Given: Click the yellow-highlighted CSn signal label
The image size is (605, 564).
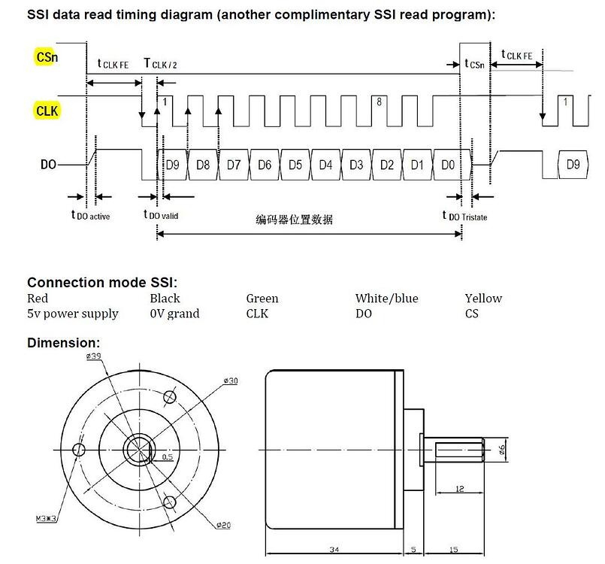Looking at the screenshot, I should click(45, 56).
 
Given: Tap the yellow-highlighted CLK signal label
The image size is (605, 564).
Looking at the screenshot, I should click(47, 111).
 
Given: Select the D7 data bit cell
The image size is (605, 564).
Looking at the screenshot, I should click(234, 164).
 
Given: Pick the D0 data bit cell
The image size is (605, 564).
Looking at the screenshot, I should click(448, 164).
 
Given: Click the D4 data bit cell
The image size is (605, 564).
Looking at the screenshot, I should click(325, 164).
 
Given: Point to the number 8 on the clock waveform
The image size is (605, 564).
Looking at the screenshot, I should click(380, 102).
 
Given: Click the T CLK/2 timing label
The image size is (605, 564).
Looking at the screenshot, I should click(160, 65).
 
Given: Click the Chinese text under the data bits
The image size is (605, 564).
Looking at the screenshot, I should click(294, 220).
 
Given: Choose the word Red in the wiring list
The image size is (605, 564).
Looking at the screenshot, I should click(38, 299).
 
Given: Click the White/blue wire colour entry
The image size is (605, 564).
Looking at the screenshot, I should click(386, 299).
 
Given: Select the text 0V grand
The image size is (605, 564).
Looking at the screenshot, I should click(174, 314).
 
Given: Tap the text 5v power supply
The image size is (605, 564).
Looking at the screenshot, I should click(73, 314).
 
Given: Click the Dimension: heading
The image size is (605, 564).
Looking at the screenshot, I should click(63, 343).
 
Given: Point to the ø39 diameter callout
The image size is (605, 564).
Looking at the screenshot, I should click(94, 357).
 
